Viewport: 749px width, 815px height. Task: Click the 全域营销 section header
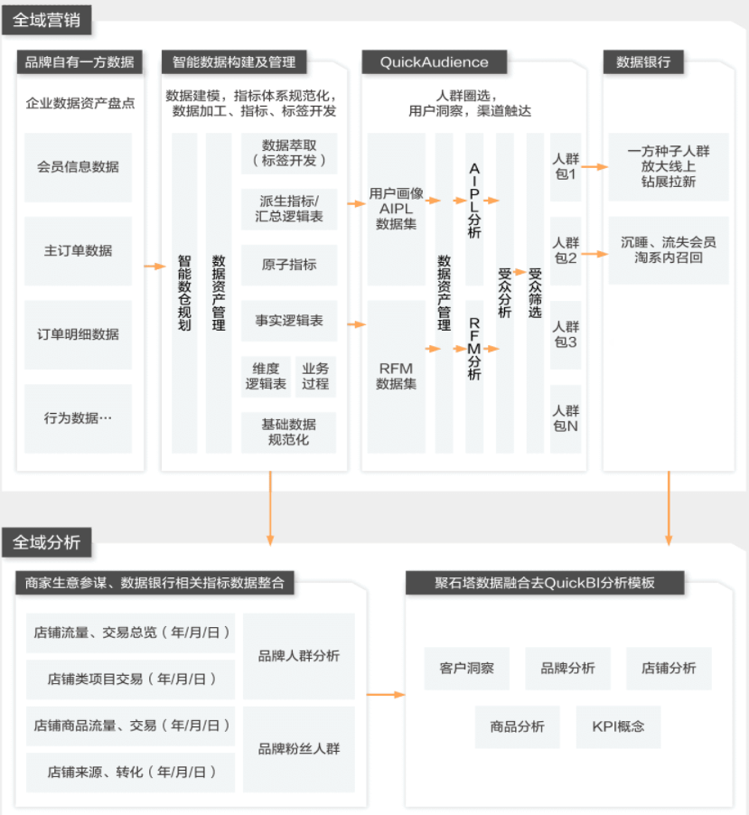[47, 20]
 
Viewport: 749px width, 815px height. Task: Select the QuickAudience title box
[434, 61]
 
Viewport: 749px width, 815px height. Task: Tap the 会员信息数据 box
[78, 167]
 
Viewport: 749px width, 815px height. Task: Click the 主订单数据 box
[78, 250]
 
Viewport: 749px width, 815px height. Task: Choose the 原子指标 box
[289, 265]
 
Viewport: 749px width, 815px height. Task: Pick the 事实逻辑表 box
[289, 321]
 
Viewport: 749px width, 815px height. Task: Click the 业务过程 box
[315, 376]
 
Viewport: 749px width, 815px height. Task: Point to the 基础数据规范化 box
[288, 432]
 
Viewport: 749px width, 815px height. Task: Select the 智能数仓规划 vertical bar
[184, 293]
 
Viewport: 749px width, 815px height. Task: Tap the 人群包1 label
[566, 167]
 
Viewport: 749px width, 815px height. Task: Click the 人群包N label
[566, 419]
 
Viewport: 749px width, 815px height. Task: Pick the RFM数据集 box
[396, 376]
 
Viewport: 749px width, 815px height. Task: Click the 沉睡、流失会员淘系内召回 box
[669, 250]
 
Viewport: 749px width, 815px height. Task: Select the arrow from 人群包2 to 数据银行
[595, 254]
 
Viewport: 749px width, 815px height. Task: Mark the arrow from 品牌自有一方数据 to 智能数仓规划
[154, 267]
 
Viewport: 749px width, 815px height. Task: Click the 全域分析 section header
[47, 542]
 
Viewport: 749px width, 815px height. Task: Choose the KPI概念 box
[619, 726]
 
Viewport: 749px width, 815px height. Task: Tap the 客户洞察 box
[467, 669]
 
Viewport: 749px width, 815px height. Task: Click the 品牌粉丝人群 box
[299, 749]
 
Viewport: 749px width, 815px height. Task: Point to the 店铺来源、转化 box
[130, 773]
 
